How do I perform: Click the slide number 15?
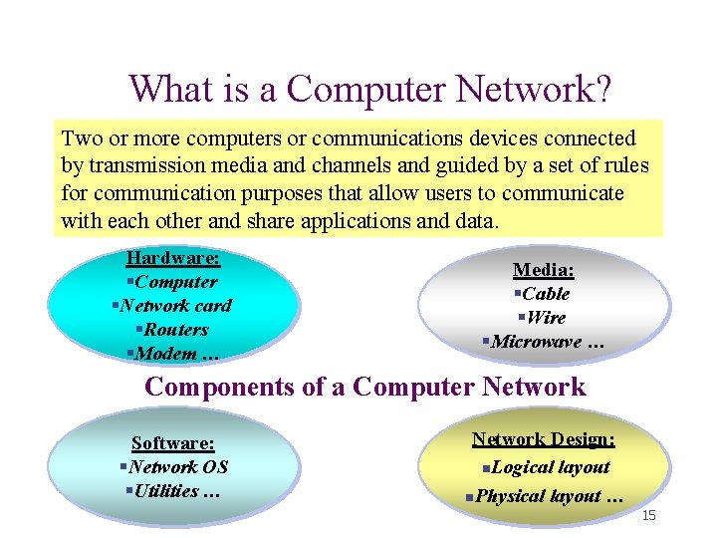pyautogui.click(x=649, y=515)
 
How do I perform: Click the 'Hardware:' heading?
pyautogui.click(x=173, y=258)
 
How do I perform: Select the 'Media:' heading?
pyautogui.click(x=544, y=269)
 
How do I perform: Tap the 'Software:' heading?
pyautogui.click(x=173, y=442)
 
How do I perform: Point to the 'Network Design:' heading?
pyautogui.click(x=544, y=438)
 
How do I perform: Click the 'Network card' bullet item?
pyautogui.click(x=173, y=306)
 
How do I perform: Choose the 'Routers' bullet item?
pyautogui.click(x=173, y=330)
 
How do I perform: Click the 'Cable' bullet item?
pyautogui.click(x=544, y=294)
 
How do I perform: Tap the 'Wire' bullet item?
pyautogui.click(x=544, y=318)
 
